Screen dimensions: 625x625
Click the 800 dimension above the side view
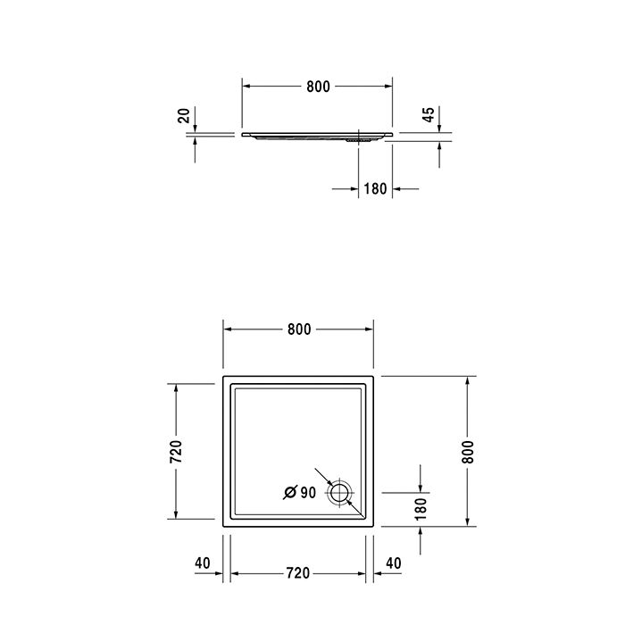click(x=318, y=87)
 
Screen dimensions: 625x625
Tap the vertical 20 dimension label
click(x=184, y=114)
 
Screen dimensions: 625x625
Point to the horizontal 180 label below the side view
click(x=376, y=189)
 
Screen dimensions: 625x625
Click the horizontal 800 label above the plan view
click(x=299, y=329)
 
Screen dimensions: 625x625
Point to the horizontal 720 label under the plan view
click(x=299, y=572)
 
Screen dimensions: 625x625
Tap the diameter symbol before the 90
click(x=290, y=492)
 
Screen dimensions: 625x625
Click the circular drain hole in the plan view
click(x=341, y=492)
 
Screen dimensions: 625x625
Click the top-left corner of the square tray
click(x=223, y=378)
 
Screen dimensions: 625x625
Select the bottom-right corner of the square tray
click(x=375, y=527)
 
